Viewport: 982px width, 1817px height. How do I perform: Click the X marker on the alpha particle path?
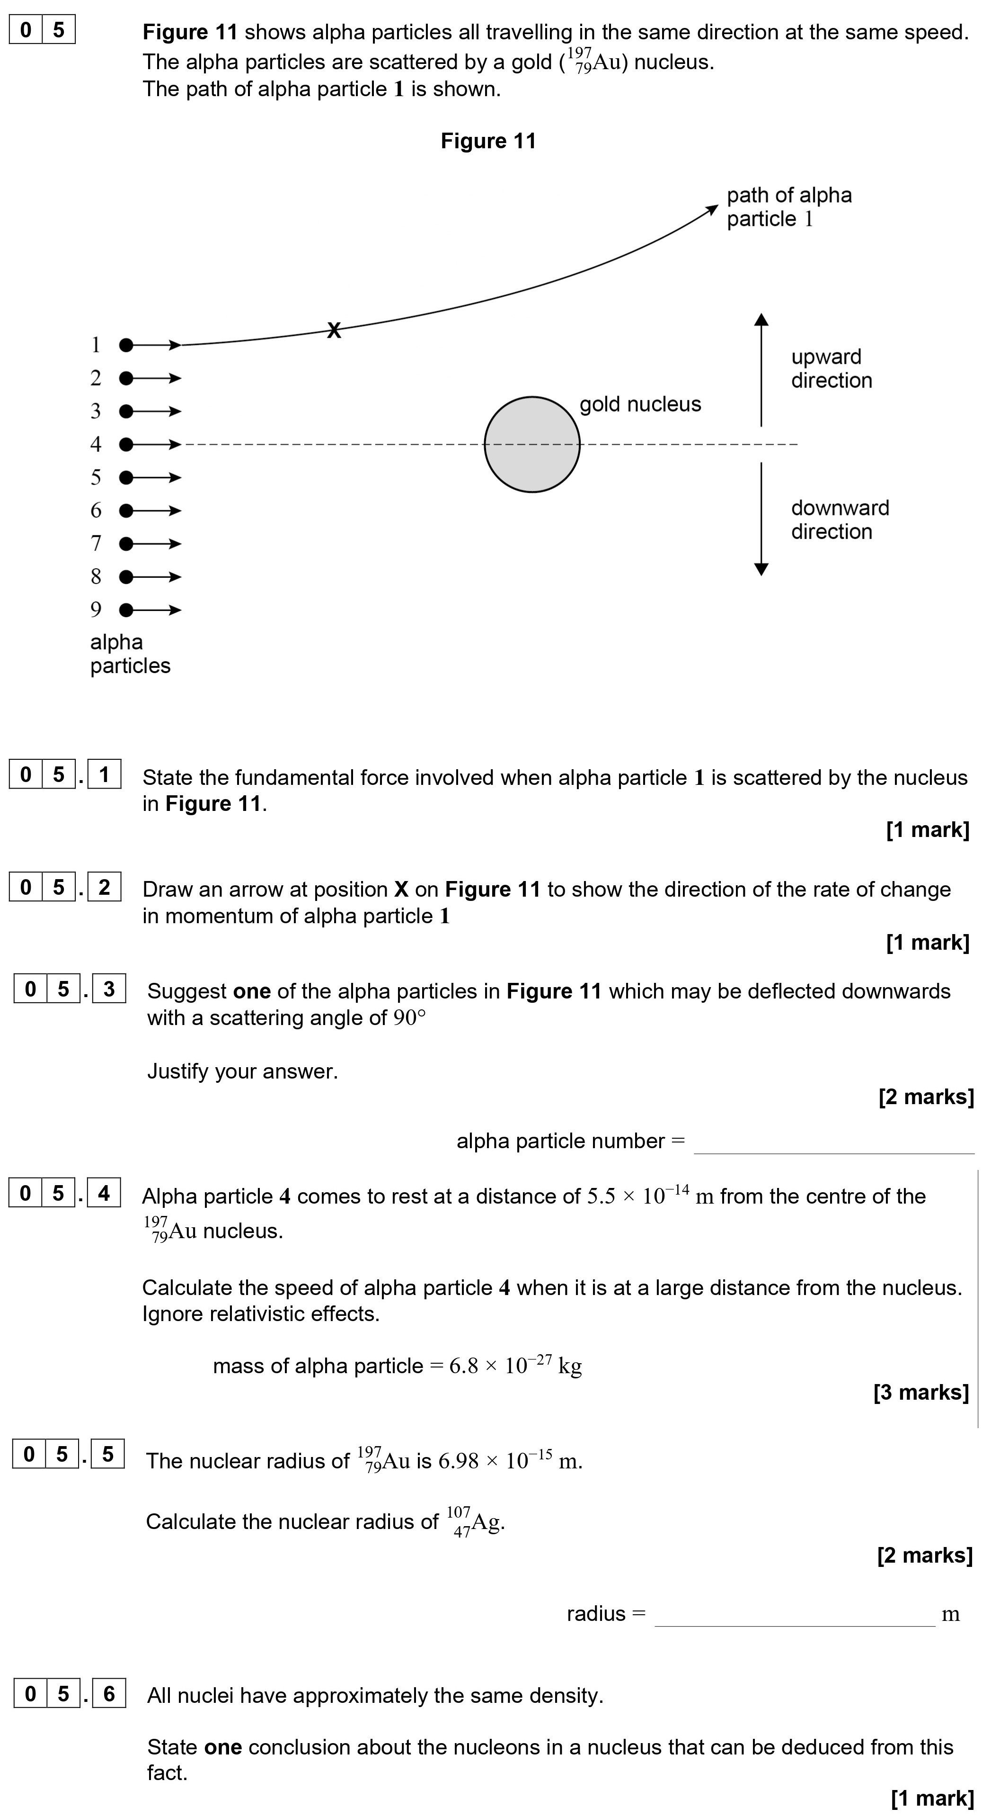334,329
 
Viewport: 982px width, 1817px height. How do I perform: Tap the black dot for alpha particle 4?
126,444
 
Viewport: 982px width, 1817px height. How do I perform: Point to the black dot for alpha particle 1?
126,345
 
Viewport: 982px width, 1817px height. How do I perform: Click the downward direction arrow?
761,519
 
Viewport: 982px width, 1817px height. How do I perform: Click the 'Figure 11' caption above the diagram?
488,141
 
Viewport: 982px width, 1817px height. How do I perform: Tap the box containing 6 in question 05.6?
108,1693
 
